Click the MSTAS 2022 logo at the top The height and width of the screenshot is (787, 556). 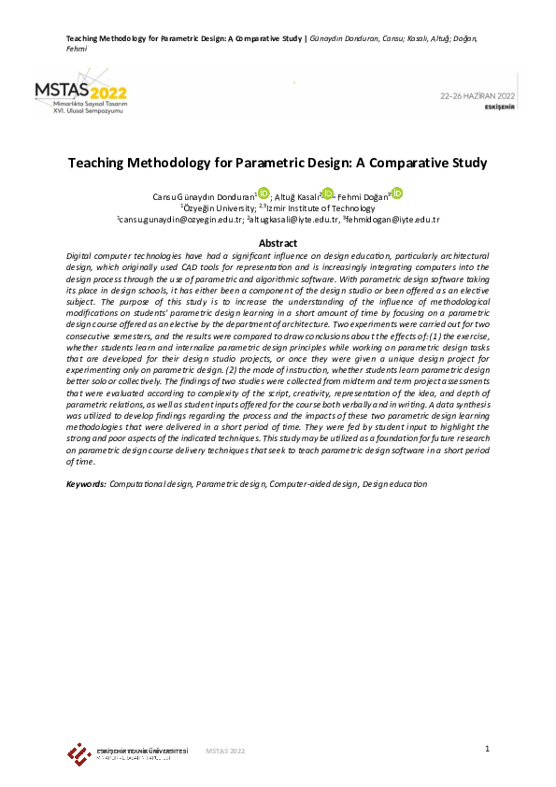coord(82,94)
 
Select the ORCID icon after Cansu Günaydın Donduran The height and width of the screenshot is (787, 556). coord(264,193)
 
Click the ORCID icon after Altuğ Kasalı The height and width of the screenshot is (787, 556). coord(327,193)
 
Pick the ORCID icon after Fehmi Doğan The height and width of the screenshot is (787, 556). coord(397,193)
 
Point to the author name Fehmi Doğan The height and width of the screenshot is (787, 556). coord(364,196)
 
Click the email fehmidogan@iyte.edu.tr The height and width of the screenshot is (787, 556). coord(392,220)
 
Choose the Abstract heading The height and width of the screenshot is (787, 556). coord(278,243)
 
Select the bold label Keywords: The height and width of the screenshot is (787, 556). coord(87,484)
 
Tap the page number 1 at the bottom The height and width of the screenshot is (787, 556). coord(488,749)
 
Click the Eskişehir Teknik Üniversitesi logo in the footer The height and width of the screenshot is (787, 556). coord(78,752)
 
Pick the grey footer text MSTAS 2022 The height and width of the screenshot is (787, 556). coord(225,751)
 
